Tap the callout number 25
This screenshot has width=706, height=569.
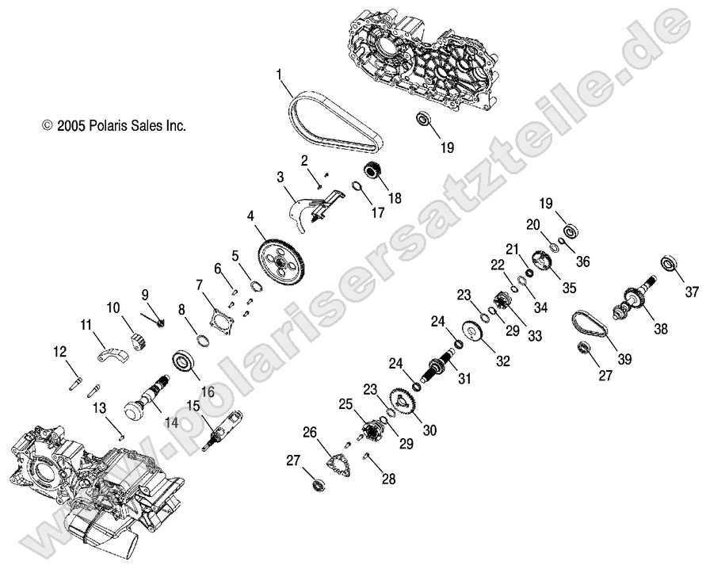pos(345,405)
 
